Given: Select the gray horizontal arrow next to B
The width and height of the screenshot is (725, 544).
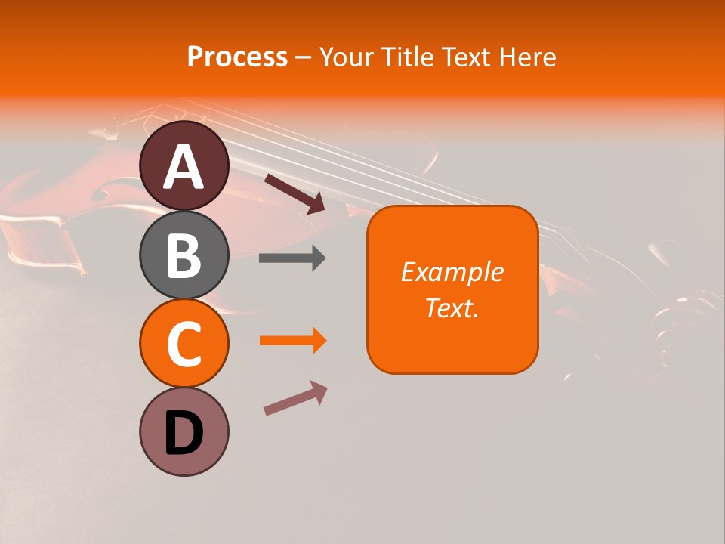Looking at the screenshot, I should [x=292, y=258].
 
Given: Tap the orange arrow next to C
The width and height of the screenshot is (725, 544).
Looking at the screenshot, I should [x=292, y=341].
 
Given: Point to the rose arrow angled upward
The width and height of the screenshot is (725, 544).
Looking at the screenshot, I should [x=295, y=398].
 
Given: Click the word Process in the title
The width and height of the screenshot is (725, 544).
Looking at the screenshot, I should [x=237, y=57].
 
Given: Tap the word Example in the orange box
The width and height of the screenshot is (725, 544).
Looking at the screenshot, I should [x=452, y=272].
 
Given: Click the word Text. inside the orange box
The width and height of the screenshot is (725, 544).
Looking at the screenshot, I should [x=452, y=308].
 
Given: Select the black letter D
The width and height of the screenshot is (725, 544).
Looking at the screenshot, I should [x=184, y=434].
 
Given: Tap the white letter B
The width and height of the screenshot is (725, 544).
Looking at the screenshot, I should [x=184, y=255].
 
